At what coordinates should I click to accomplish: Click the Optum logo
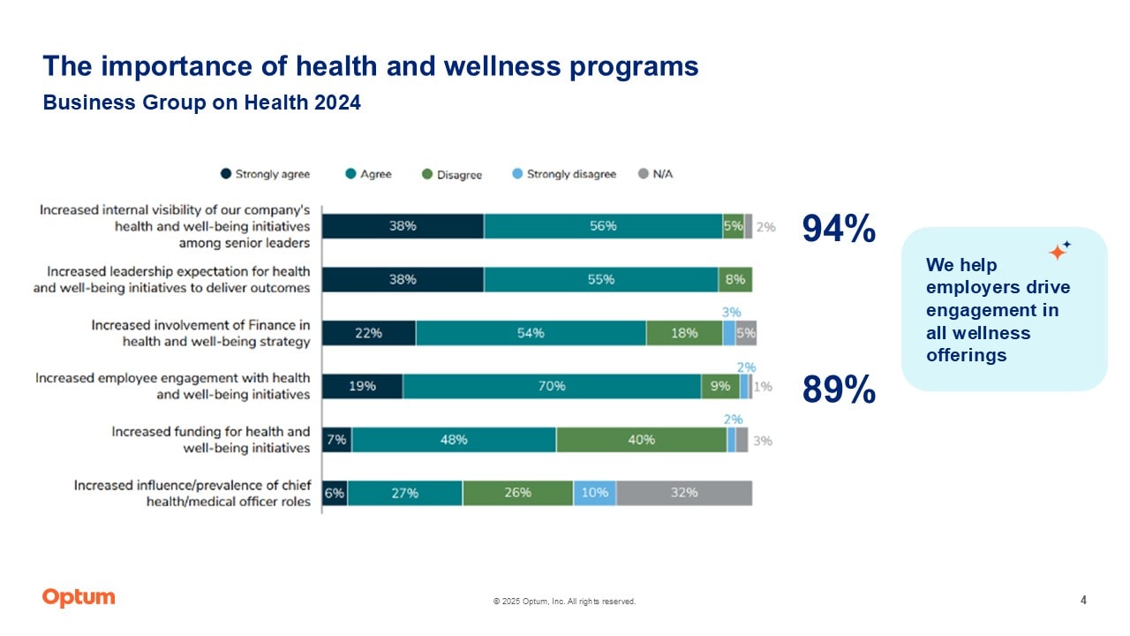pos(79,598)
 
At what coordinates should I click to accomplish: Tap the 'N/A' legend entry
pos(655,174)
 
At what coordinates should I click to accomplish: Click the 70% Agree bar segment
pos(553,386)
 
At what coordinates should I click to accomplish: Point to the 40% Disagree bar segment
pos(641,440)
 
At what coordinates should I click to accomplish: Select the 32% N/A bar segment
pos(684,493)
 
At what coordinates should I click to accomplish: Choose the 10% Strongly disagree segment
pos(595,493)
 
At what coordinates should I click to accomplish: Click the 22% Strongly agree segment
pos(368,333)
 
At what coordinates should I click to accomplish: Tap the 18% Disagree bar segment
pos(684,333)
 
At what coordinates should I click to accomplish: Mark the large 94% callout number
pos(839,230)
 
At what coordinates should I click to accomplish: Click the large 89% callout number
pos(839,390)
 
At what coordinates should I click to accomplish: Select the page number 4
pos(1083,601)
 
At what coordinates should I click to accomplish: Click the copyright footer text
pos(564,602)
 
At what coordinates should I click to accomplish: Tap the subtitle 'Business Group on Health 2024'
pos(202,103)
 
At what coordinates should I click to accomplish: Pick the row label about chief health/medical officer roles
pos(192,493)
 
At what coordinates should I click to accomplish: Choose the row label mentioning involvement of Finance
pos(201,333)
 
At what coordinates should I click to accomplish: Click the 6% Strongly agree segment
pos(335,493)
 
